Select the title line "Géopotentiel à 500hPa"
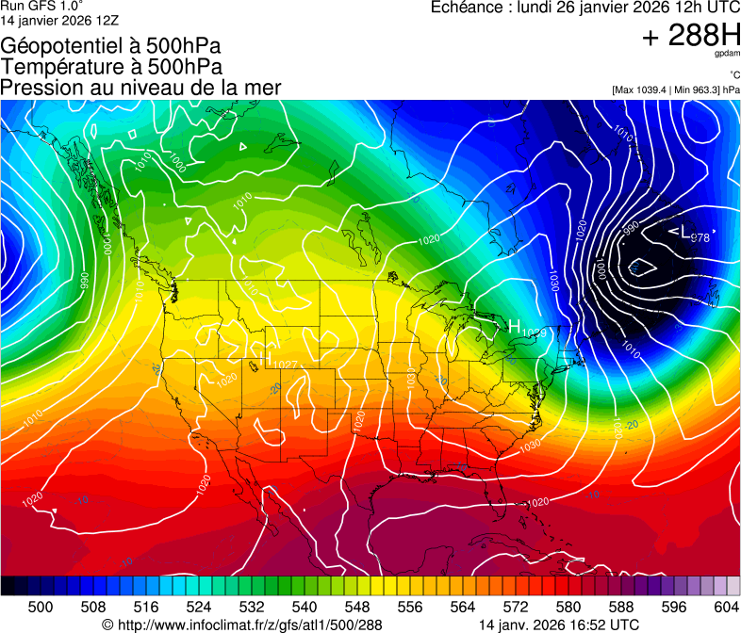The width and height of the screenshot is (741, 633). [110, 46]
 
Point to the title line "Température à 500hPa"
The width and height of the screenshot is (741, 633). [111, 67]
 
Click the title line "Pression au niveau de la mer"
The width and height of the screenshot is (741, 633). [140, 88]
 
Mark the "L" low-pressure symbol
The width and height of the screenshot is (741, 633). [684, 232]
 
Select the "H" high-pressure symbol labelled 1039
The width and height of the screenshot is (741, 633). [515, 326]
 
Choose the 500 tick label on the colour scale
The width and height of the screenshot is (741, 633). [41, 606]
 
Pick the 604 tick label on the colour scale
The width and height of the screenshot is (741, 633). [726, 606]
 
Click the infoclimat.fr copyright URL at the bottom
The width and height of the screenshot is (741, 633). [242, 624]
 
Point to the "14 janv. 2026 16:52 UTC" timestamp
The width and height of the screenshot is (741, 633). [559, 624]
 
